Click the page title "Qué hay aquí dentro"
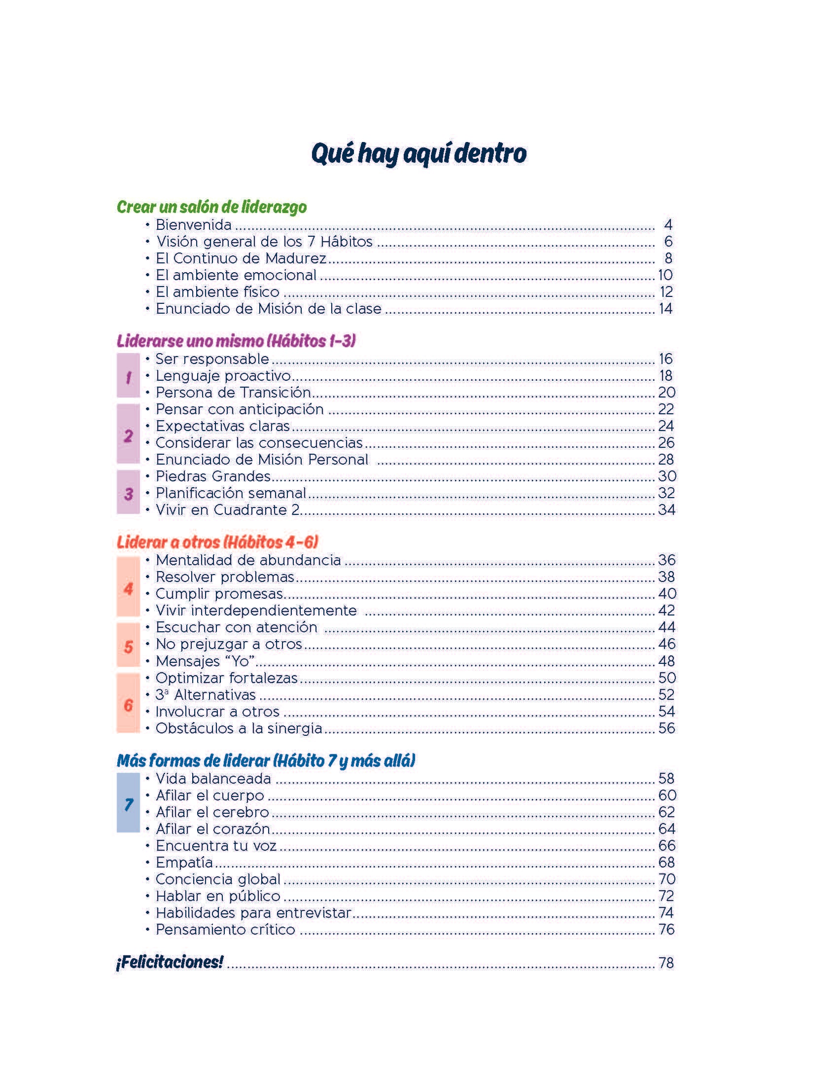tap(419, 153)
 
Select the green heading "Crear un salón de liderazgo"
tap(211, 207)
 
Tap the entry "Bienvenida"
tap(194, 225)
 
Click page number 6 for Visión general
tap(668, 242)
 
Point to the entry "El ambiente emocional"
tap(236, 275)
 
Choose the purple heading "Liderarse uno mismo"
tap(236, 341)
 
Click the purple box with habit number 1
tap(128, 376)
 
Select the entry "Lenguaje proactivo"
tap(223, 376)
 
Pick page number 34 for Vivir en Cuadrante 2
tap(666, 510)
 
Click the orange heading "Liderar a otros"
tap(217, 542)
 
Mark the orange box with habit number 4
tap(128, 587)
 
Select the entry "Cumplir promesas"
tap(219, 594)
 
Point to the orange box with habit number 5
tap(128, 646)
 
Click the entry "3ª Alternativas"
tap(206, 694)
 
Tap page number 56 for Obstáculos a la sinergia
tap(666, 728)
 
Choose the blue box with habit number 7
tap(128, 804)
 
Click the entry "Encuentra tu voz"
tap(216, 845)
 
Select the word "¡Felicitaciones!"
tap(169, 962)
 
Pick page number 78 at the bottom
tap(666, 963)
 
